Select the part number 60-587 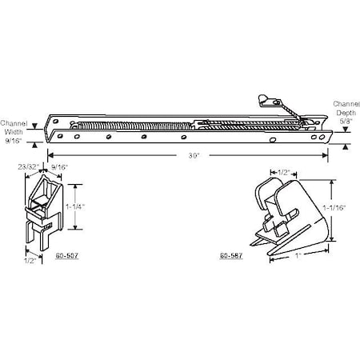tap(230, 256)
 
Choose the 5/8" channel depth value tap(346, 123)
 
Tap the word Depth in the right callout tap(346, 114)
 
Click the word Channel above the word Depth tap(346, 105)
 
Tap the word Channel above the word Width tap(15, 123)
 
